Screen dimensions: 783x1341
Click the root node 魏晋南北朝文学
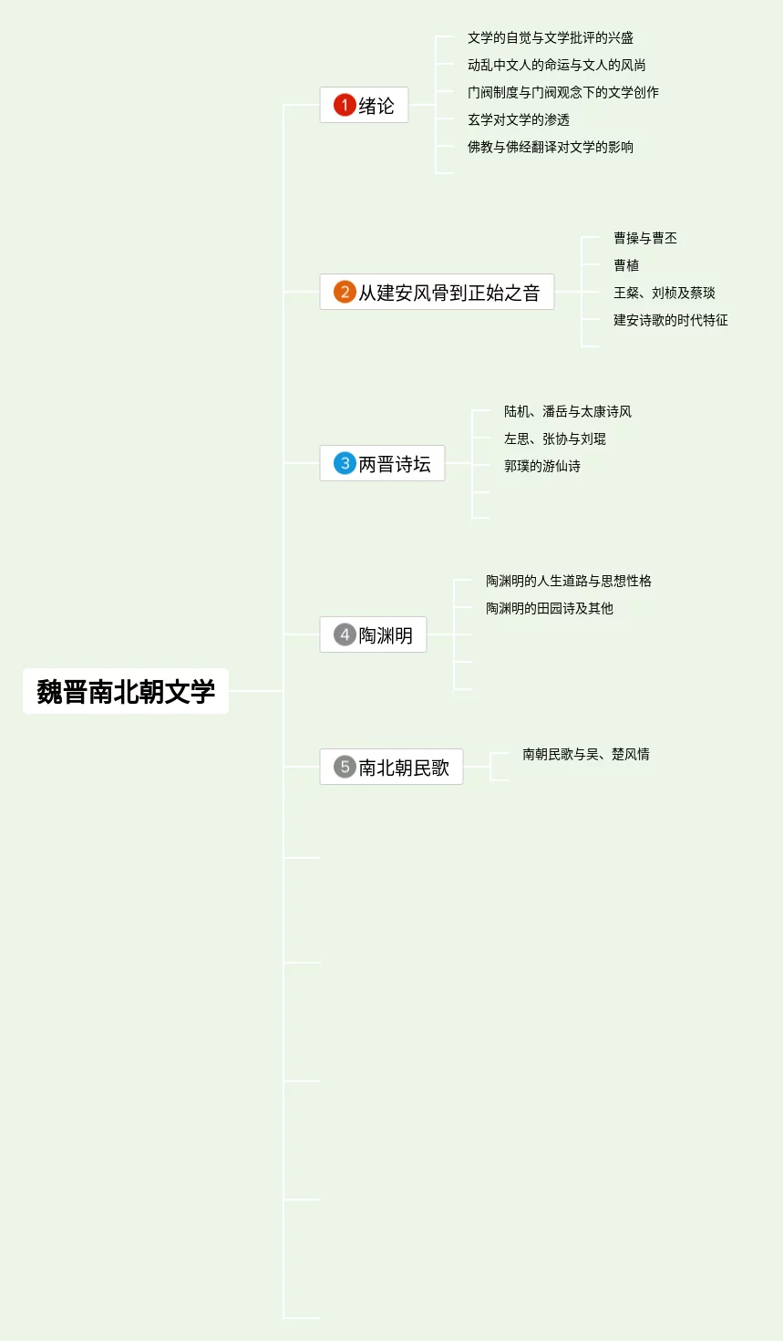tap(126, 691)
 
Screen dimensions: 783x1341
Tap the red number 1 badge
tap(345, 105)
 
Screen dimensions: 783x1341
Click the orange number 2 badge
tap(345, 292)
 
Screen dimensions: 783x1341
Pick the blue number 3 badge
tap(345, 463)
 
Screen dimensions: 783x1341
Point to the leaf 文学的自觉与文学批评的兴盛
tap(551, 37)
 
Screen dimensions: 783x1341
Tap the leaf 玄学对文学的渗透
tap(519, 119)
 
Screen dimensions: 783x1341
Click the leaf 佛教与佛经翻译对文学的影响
tap(551, 147)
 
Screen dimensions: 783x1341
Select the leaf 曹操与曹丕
tap(645, 238)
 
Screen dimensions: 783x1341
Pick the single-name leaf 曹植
tap(626, 265)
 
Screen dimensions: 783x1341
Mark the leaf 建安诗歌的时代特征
tap(671, 320)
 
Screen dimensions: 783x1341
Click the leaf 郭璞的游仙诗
tap(542, 466)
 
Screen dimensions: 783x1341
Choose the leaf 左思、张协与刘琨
tap(555, 438)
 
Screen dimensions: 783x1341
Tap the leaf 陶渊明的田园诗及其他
tap(550, 608)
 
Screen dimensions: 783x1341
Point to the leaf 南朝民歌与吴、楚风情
tap(586, 754)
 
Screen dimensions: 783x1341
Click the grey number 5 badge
tap(345, 767)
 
